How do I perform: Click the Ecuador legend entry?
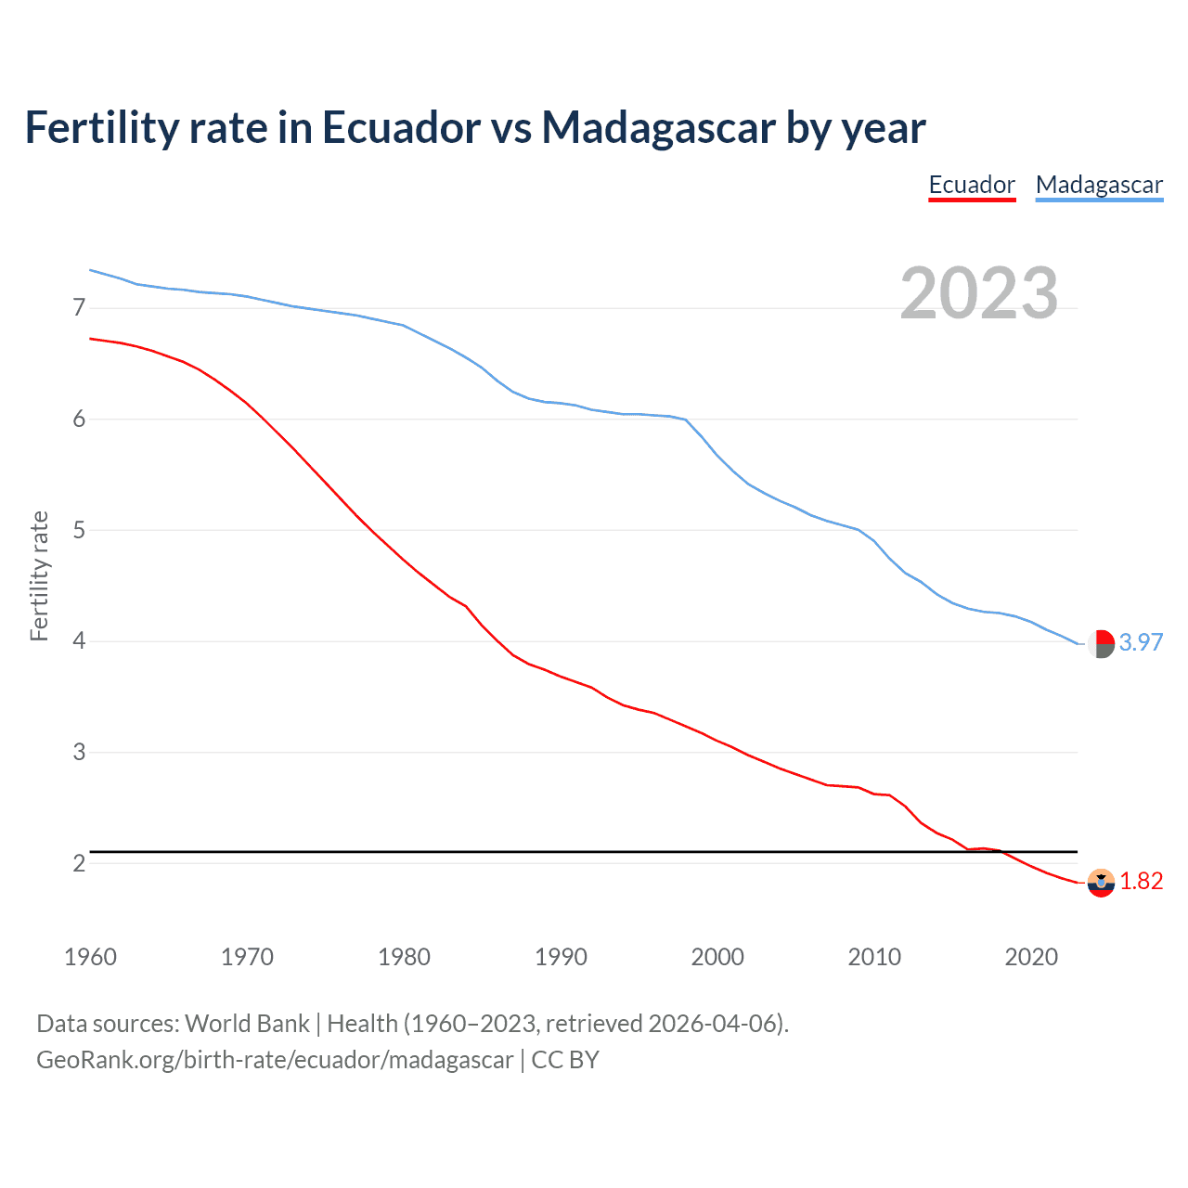972,185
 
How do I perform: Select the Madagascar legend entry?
1099,185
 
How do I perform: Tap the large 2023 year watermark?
979,293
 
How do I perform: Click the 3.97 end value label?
1141,642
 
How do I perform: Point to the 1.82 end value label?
1141,881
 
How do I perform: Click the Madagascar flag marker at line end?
1101,643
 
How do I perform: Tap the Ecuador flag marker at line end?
1101,883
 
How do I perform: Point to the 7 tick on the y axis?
79,307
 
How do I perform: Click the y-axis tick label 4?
79,641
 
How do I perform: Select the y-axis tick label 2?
79,863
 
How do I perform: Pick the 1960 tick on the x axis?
90,957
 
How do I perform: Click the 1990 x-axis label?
561,957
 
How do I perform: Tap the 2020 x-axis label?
1031,957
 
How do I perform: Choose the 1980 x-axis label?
404,957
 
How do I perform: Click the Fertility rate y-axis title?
39,575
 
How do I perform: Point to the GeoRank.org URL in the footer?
275,1060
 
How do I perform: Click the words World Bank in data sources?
247,1024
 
